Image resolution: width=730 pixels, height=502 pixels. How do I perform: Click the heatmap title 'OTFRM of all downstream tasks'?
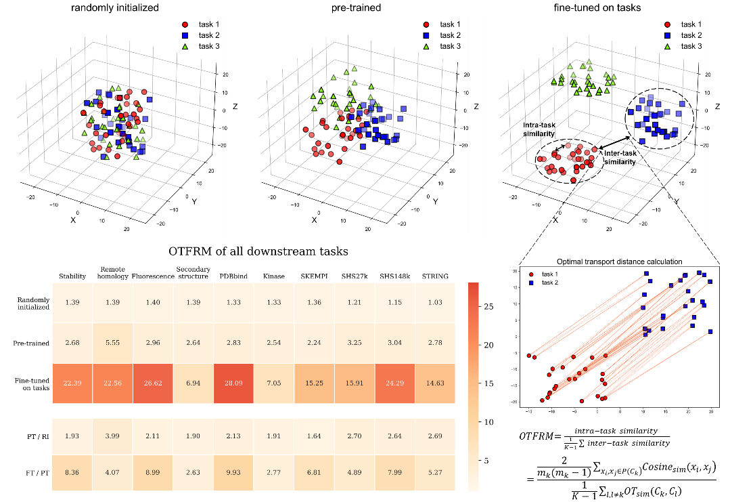click(258, 251)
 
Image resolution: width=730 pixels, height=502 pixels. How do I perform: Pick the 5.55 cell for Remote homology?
click(113, 343)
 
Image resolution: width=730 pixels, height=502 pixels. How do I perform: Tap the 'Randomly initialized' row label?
click(34, 303)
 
